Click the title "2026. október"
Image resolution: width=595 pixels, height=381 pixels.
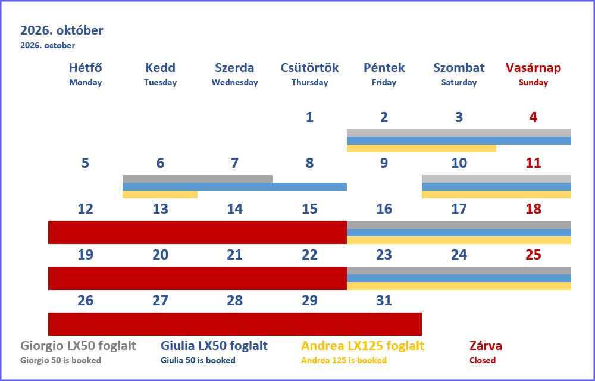coord(61,30)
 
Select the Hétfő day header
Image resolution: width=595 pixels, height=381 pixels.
coord(85,67)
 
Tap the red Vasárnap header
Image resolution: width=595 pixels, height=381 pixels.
coord(533,67)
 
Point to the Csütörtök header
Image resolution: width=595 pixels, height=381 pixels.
coord(309,67)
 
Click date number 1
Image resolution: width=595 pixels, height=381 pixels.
coord(309,117)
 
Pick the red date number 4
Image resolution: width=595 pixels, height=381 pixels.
coord(533,117)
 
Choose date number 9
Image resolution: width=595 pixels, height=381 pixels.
coord(384,163)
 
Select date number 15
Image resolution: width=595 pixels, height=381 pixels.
coord(309,209)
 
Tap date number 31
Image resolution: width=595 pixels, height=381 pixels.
coord(384,301)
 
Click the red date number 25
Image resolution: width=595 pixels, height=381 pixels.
coord(533,255)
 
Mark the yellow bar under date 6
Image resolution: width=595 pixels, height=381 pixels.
coord(159,194)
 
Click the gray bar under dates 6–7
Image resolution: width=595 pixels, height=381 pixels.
coord(198,179)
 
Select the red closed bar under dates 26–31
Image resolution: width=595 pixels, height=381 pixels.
coord(235,324)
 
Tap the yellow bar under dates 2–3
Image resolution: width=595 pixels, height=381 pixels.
coord(421,148)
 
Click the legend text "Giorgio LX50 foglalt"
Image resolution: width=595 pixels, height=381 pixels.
coord(78,346)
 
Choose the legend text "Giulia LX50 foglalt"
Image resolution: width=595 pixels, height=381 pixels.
coord(214,346)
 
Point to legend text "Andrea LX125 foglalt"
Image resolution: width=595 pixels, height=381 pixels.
coord(362,346)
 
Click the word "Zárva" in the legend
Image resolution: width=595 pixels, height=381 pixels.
coord(486,346)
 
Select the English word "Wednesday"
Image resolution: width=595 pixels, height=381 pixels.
coord(234,82)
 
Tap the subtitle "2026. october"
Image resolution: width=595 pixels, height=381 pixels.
coord(48,45)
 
